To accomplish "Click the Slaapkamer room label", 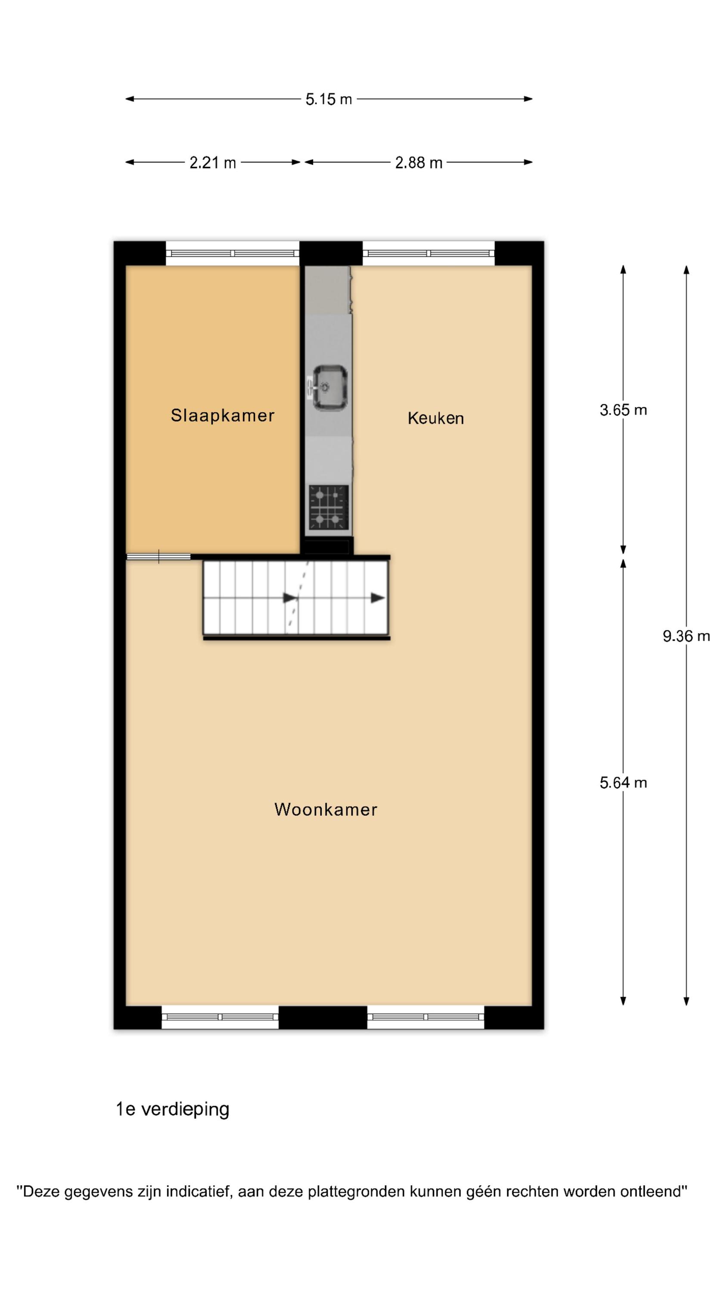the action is click(222, 415).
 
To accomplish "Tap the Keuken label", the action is click(435, 418).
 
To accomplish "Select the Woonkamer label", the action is click(326, 809).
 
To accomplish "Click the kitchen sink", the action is click(329, 387).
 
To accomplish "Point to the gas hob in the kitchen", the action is click(329, 507).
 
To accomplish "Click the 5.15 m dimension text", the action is click(329, 100).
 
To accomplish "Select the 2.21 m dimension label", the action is click(213, 162).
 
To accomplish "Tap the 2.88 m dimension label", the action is click(419, 162).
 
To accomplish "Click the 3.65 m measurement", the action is click(623, 410).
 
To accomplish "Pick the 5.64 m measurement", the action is click(623, 783).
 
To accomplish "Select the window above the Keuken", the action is click(429, 253).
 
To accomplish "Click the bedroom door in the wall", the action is click(158, 556).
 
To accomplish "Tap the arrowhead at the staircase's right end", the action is click(378, 598).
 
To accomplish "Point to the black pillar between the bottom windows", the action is click(323, 1018).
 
